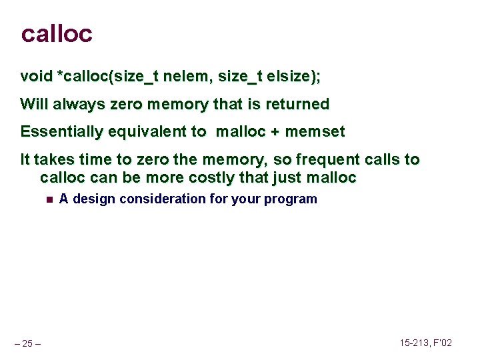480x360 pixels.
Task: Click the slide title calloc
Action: [57, 33]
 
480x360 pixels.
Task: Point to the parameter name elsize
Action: [287, 77]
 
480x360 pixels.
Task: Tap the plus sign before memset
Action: [275, 132]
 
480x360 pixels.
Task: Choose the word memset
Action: [315, 132]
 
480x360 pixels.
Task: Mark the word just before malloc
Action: [288, 178]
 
